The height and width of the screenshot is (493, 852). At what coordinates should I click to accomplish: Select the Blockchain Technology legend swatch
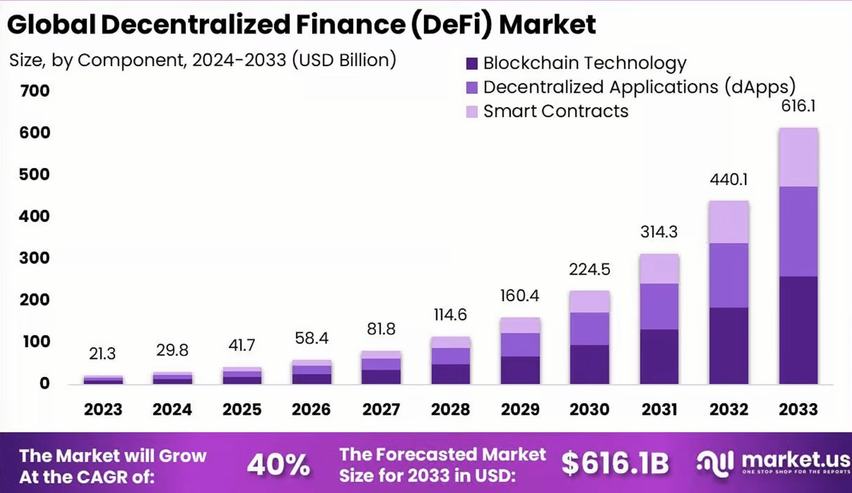(x=472, y=64)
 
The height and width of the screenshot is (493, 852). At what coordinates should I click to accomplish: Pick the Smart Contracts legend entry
(x=556, y=111)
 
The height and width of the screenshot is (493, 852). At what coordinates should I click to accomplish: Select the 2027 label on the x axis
(x=381, y=409)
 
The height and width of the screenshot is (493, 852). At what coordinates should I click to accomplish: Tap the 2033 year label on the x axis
(x=798, y=409)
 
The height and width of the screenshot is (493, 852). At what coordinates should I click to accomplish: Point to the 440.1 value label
(x=728, y=180)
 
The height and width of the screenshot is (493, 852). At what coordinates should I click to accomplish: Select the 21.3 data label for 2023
(x=103, y=354)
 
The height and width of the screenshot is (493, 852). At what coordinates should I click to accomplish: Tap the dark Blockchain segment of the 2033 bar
(x=798, y=330)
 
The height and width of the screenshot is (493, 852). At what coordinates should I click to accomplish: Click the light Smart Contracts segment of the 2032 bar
(x=728, y=222)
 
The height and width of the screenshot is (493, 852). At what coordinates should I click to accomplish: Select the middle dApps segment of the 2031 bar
(x=659, y=306)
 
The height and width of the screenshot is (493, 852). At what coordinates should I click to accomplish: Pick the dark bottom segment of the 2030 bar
(x=589, y=364)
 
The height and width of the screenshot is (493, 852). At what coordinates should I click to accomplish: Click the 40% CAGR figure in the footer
(x=279, y=464)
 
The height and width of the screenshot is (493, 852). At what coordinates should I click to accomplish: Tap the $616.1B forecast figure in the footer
(x=615, y=464)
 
